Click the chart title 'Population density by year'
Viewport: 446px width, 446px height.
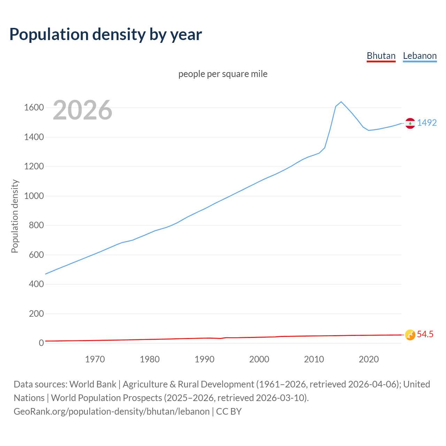click(x=106, y=34)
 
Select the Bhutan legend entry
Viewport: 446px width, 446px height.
click(x=381, y=56)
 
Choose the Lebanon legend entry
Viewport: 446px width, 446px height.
click(x=420, y=56)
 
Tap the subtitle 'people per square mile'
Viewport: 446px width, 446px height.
click(x=223, y=74)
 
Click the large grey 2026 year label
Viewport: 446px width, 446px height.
click(x=83, y=110)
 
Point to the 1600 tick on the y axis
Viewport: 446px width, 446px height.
click(x=34, y=107)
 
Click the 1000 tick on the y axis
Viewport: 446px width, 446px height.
click(x=34, y=196)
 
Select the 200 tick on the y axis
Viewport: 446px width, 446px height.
click(x=36, y=314)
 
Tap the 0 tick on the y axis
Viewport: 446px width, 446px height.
click(x=41, y=343)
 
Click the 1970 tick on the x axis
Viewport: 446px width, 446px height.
click(x=95, y=359)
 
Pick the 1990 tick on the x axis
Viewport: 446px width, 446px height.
click(x=205, y=359)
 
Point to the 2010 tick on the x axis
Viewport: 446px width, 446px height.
click(x=314, y=359)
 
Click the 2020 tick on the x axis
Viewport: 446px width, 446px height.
click(x=369, y=359)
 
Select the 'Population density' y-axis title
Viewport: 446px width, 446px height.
click(x=15, y=216)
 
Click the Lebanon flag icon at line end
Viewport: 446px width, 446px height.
click(x=410, y=123)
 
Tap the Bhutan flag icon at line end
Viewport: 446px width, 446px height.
click(x=410, y=335)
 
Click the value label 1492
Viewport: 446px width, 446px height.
click(x=427, y=123)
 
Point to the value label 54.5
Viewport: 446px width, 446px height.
click(x=425, y=334)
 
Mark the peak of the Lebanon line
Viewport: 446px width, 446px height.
click(x=341, y=102)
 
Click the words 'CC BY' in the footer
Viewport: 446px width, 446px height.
click(x=229, y=412)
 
